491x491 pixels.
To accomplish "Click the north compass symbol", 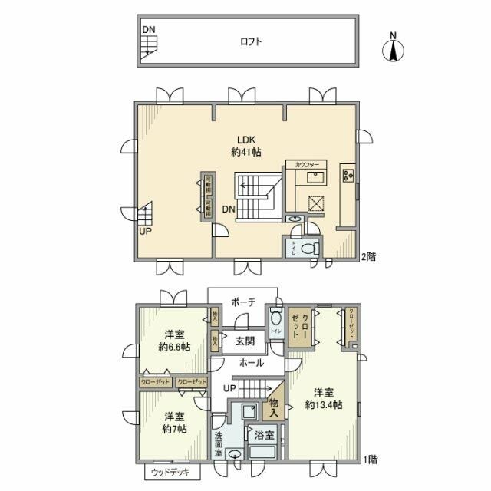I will [x=393, y=49].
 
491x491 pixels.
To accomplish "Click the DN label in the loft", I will [x=148, y=30].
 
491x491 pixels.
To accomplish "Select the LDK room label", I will [x=245, y=139].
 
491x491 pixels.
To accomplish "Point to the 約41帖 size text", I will [x=245, y=152].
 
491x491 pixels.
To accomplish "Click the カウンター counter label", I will [x=306, y=164].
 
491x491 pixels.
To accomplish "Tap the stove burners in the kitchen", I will [x=348, y=174].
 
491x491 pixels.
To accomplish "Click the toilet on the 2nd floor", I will [x=308, y=249].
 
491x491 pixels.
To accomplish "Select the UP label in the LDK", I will [x=145, y=229].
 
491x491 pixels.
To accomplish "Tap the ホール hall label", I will [x=252, y=363].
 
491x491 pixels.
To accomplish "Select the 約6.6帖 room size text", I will [x=173, y=347].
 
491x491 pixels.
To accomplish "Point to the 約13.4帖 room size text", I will [x=323, y=404].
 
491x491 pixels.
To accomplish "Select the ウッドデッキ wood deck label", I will [x=170, y=471].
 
